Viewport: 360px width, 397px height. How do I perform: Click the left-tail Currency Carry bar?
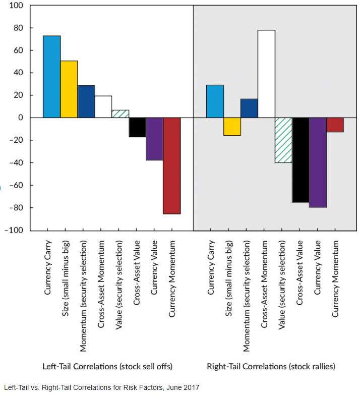coord(52,77)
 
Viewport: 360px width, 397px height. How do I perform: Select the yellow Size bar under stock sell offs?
coord(69,89)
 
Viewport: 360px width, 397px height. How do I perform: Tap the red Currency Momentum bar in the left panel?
coord(172,165)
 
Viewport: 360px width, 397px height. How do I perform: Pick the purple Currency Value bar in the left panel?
coord(155,139)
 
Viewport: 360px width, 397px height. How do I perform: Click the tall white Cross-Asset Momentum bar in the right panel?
coord(266,74)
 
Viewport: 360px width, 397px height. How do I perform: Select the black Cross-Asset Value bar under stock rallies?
coord(301,160)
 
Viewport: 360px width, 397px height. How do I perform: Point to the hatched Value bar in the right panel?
coord(284,140)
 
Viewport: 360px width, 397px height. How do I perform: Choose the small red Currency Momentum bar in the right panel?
coord(335,125)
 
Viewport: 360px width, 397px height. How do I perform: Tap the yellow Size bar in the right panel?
coord(232,127)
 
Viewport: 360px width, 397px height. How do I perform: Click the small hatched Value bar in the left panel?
coord(121,114)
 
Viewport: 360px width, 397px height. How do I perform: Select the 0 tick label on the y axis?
coord(21,118)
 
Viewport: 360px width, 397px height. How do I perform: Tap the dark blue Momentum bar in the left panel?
coord(86,101)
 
